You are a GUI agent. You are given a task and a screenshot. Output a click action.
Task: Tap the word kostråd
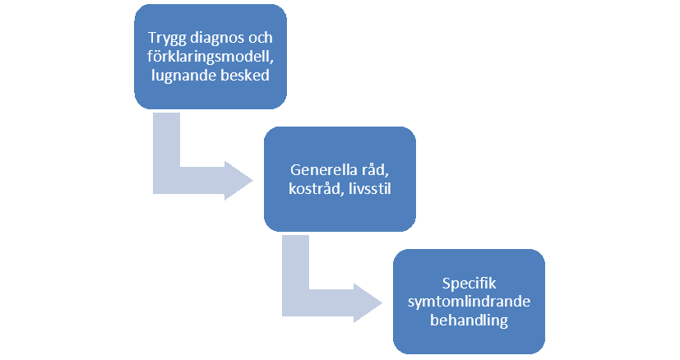coord(311,188)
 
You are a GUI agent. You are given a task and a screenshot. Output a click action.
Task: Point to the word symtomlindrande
coord(468,302)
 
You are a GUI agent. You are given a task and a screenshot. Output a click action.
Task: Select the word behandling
coord(468,319)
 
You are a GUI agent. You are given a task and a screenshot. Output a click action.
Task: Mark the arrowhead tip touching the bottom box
coord(387,302)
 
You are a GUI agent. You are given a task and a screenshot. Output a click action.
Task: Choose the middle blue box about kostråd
coord(338,179)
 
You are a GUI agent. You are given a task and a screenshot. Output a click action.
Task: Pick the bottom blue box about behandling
coord(468,302)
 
